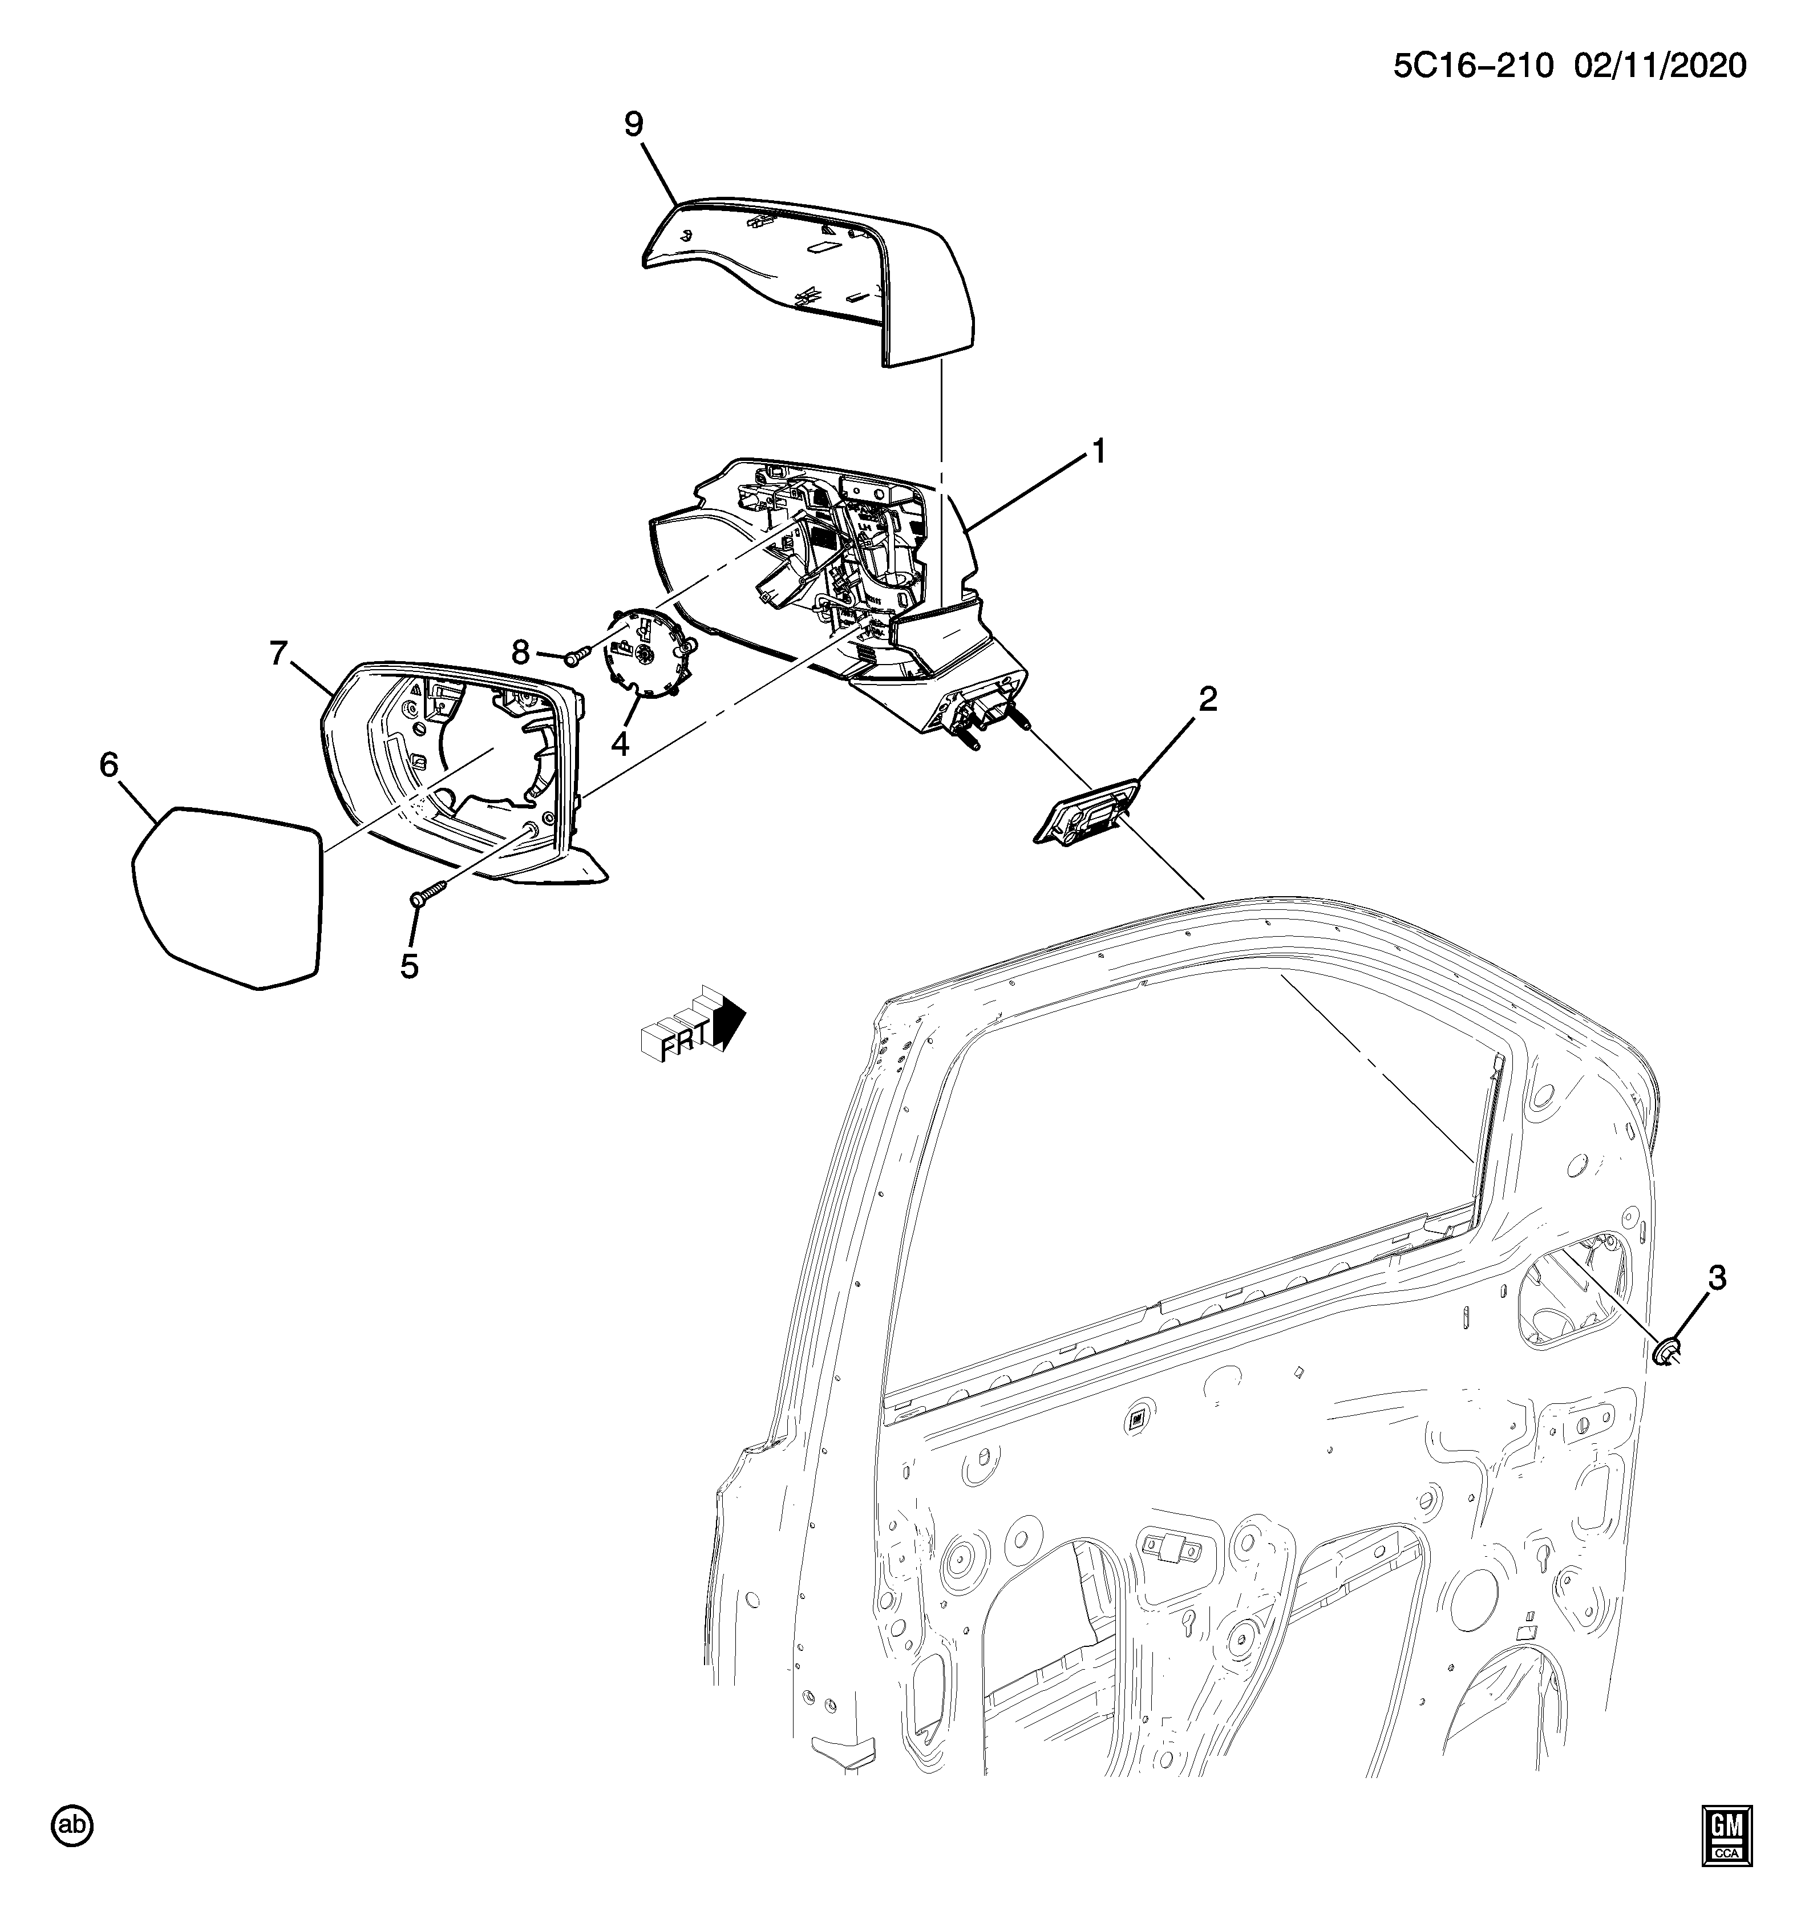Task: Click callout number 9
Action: [x=633, y=124]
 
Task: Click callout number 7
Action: [x=279, y=654]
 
